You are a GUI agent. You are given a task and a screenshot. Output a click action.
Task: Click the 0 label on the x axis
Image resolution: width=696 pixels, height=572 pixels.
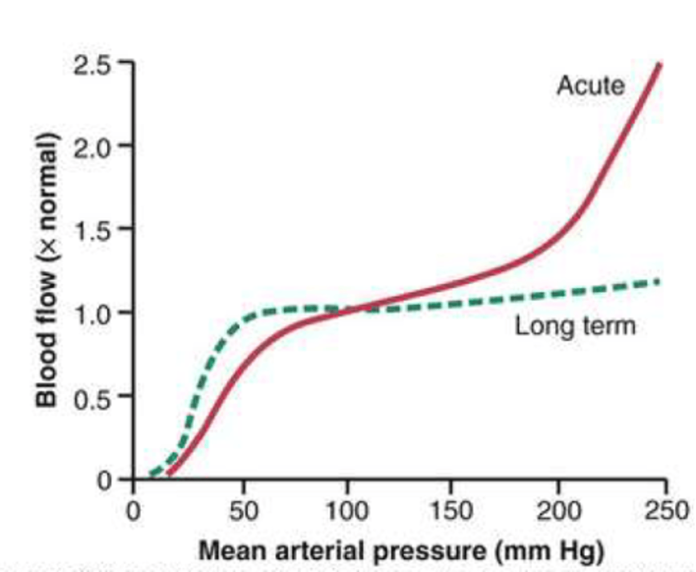coord(133,511)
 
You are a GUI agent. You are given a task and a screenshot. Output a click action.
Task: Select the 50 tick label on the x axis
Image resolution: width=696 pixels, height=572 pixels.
coord(243,511)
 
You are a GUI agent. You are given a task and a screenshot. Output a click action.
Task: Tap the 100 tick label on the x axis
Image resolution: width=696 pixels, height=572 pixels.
coord(347,511)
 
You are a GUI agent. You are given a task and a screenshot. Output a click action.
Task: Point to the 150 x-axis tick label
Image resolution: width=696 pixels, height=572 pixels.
coord(451,511)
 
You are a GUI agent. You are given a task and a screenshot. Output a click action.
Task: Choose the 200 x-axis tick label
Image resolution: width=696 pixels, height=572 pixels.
coord(558,511)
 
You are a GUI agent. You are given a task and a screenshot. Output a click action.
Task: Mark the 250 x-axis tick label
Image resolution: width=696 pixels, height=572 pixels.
coord(666,511)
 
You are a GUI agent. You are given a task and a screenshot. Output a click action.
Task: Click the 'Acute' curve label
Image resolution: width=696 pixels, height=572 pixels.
coord(591,86)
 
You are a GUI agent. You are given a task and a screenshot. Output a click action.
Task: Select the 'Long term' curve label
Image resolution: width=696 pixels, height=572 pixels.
coord(575,326)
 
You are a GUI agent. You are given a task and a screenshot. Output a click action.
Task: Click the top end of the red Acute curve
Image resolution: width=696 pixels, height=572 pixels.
coord(659,64)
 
